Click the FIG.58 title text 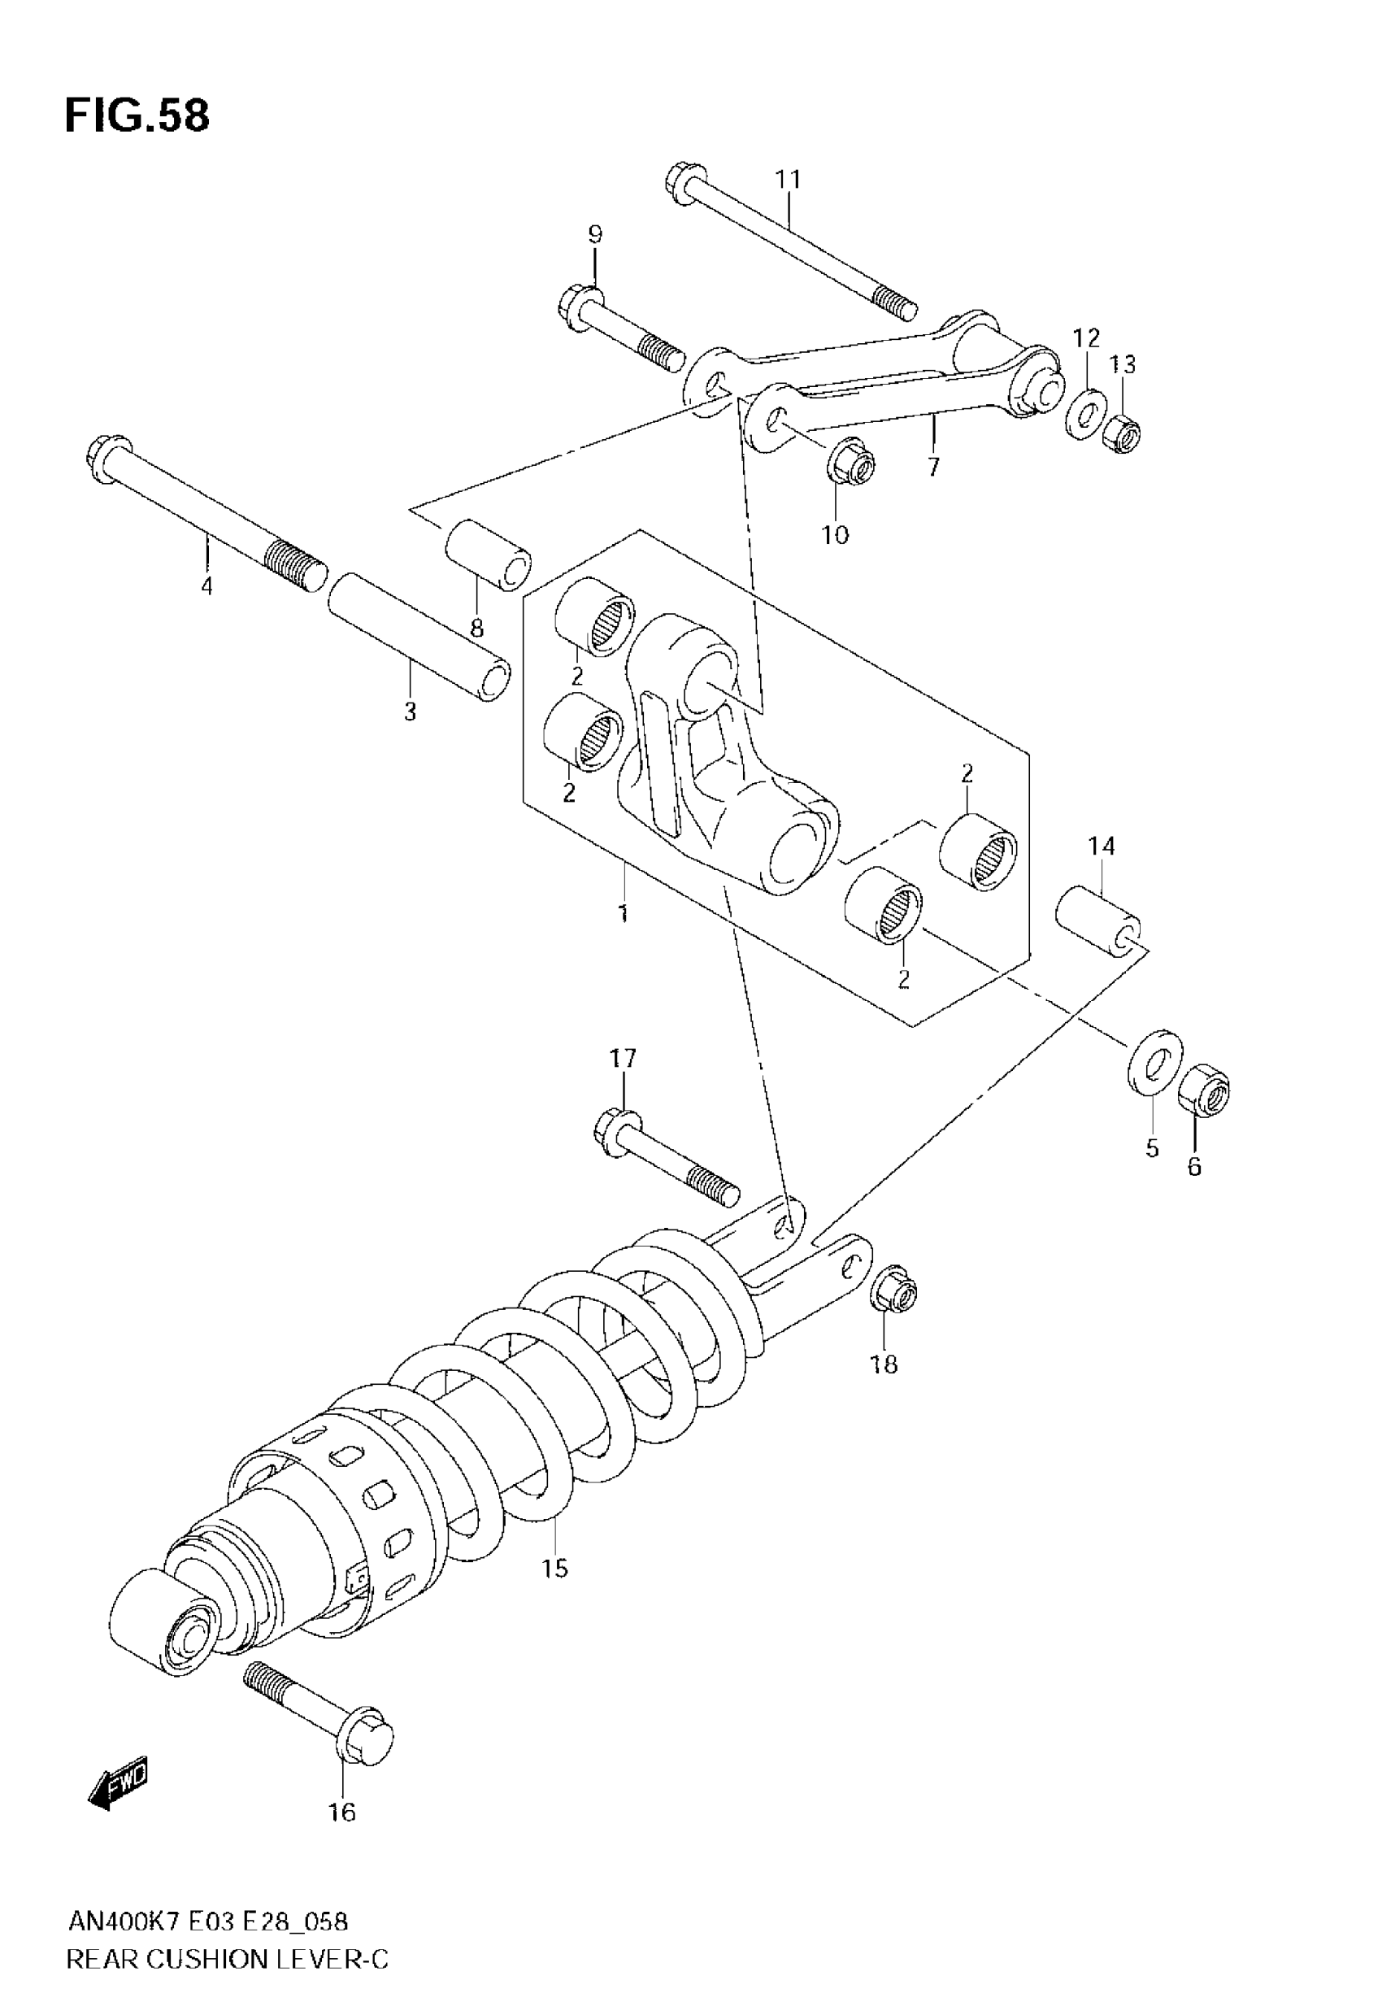pos(137,116)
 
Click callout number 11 pos(788,179)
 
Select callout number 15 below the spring pos(555,1567)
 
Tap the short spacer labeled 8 pos(489,556)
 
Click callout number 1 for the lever pos(623,912)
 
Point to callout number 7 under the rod pos(932,468)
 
